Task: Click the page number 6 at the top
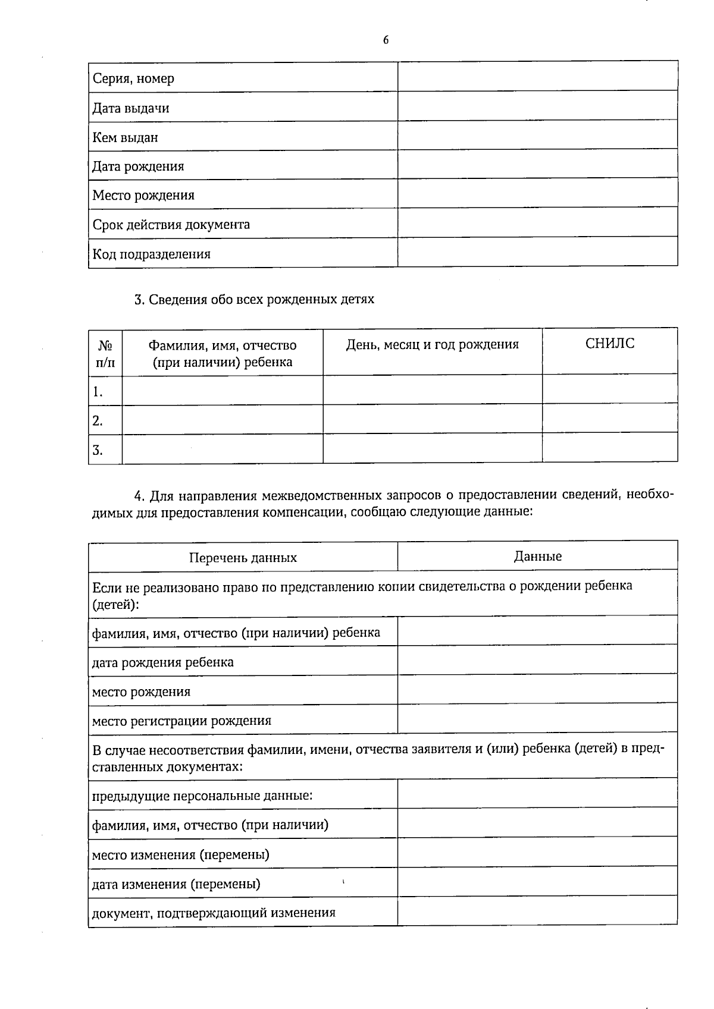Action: (x=386, y=40)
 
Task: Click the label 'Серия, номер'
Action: (x=133, y=78)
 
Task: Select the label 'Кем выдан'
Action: (x=125, y=137)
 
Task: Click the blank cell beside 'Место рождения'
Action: (x=537, y=193)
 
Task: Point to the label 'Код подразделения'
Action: (x=151, y=254)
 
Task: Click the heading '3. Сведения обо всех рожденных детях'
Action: (x=254, y=299)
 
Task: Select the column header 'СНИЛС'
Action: (x=609, y=344)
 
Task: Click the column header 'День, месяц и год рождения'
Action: (x=432, y=344)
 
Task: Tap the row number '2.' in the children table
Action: (x=98, y=421)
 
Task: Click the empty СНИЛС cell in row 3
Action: (x=609, y=448)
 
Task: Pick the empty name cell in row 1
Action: (x=222, y=391)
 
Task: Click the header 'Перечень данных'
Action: (x=243, y=558)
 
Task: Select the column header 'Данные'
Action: (x=537, y=557)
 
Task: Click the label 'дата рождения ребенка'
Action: (x=162, y=662)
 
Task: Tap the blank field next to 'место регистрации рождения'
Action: (x=537, y=718)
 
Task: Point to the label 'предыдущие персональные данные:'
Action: (x=202, y=796)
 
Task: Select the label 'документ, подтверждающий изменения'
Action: (x=213, y=913)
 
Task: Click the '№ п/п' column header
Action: (x=105, y=353)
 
